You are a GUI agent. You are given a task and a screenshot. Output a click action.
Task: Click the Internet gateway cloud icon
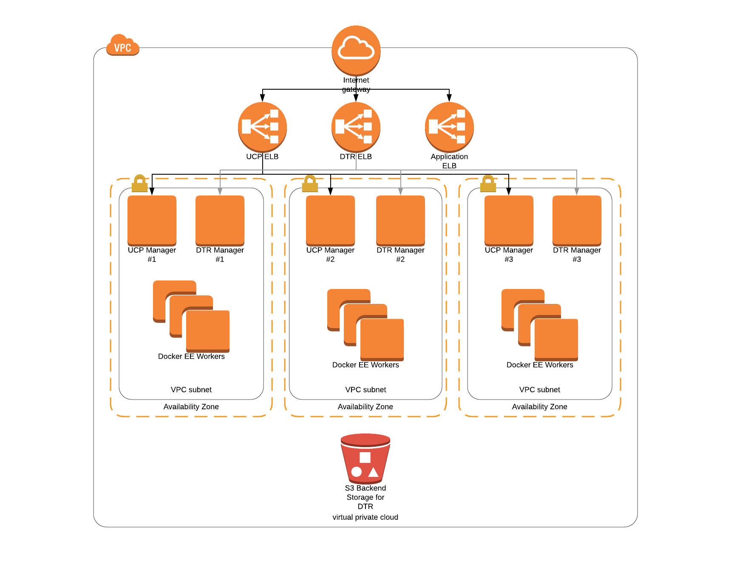coord(356,50)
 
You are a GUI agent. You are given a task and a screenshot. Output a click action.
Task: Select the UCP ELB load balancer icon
coord(262,127)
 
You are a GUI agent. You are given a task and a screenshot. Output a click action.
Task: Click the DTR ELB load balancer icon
coord(356,127)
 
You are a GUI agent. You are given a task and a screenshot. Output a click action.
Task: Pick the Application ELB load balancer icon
coord(449,127)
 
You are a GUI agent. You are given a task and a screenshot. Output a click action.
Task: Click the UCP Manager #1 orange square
coord(152,220)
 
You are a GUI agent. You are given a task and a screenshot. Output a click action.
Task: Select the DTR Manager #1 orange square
coord(220,220)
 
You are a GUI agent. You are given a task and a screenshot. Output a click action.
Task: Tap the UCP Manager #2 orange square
coord(330,220)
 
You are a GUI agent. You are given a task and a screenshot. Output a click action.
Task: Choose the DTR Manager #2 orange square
coord(400,220)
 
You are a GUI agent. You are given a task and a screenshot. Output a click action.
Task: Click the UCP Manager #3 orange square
coord(509,220)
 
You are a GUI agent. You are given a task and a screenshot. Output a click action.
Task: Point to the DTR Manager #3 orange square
coord(577,220)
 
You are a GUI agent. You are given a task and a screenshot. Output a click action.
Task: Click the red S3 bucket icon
coord(365,458)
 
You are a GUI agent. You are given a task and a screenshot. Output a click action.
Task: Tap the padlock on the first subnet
coord(139,184)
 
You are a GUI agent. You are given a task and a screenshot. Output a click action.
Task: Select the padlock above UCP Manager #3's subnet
coord(488,184)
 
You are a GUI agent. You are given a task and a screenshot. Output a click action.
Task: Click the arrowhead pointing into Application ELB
coord(449,98)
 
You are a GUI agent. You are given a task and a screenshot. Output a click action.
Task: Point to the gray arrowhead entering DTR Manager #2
coord(400,192)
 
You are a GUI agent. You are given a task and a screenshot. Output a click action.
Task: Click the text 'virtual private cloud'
coord(365,517)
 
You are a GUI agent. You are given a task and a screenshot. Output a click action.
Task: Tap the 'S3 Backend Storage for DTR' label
coord(365,497)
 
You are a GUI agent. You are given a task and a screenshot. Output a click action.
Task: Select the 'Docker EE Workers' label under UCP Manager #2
coord(365,365)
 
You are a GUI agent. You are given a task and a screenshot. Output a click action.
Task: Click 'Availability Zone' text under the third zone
coord(539,407)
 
